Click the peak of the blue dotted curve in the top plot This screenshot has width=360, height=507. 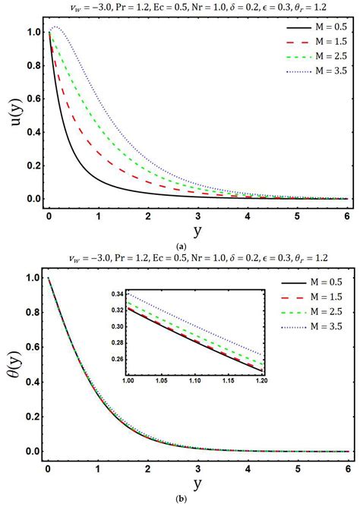pos(55,27)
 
